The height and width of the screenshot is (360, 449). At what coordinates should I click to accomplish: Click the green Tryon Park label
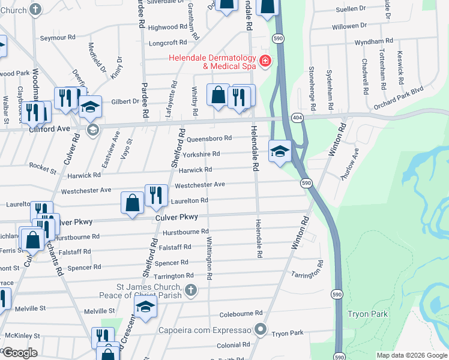(368, 314)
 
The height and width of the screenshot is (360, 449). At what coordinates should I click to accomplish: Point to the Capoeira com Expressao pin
(260, 329)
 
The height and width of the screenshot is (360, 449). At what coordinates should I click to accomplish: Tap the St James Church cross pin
(190, 291)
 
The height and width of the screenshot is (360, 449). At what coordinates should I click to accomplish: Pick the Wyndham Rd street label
(373, 41)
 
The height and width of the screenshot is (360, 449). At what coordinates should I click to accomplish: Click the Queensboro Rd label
(209, 138)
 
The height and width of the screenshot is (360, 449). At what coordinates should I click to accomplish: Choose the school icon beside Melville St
(145, 307)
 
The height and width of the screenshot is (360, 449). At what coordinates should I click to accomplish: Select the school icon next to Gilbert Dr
(90, 107)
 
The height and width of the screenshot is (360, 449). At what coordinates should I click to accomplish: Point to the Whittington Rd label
(209, 258)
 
